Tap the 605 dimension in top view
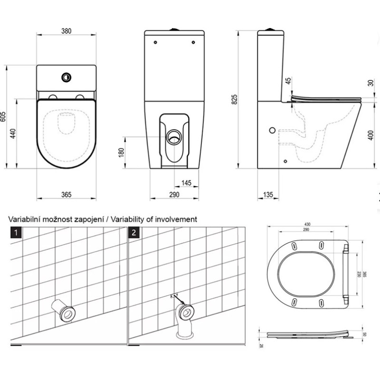(3, 117)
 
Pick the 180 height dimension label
(121, 152)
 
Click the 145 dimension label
(187, 183)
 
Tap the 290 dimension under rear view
(174, 195)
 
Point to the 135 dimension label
(268, 195)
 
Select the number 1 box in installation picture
(17, 232)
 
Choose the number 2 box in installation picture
(135, 232)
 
